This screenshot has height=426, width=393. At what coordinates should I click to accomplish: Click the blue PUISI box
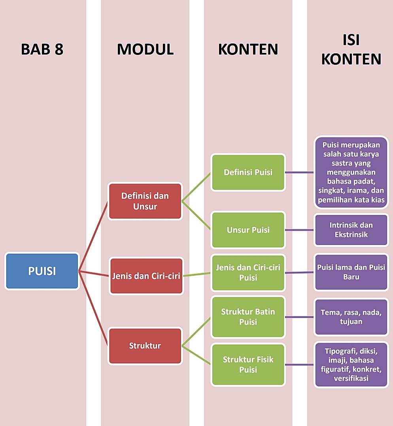coord(42,271)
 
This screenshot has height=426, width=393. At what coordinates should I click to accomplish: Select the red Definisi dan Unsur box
coord(145,201)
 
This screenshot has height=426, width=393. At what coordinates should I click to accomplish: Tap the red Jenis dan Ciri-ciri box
coord(146,276)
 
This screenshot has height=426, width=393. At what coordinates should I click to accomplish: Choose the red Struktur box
coord(145,345)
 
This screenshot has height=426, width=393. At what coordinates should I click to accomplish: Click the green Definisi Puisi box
coord(248,172)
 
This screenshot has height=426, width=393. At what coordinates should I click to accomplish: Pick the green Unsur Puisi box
coord(248,230)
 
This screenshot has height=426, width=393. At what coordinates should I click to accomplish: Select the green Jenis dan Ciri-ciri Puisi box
coord(248,272)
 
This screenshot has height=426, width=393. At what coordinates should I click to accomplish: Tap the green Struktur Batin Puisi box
coord(248,317)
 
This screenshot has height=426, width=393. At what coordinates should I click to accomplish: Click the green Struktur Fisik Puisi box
coord(248,364)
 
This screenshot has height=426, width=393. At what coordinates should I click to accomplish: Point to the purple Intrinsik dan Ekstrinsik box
coord(351,230)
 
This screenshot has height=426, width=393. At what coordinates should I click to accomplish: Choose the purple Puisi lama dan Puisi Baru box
coord(351,272)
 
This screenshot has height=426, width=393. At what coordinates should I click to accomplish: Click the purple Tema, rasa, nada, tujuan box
coord(351,317)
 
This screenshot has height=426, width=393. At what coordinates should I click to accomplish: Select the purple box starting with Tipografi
coord(351,364)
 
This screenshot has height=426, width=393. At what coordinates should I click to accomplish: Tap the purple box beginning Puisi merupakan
coord(351,172)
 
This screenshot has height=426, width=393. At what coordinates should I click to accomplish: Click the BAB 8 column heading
coord(42,49)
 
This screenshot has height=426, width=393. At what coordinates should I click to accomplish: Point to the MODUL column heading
coord(145,49)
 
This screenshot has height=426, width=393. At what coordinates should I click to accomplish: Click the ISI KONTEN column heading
coord(351,49)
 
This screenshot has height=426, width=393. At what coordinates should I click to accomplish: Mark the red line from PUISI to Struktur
coord(93,308)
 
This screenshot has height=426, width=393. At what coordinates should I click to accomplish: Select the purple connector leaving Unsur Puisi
coord(299,230)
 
